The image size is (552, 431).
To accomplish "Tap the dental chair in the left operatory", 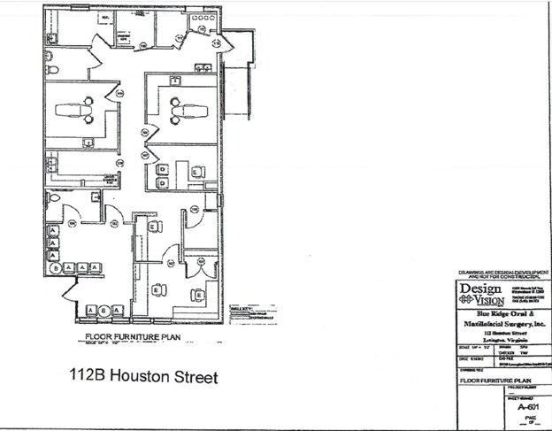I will (79, 111).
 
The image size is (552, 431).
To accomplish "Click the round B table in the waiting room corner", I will (56, 267).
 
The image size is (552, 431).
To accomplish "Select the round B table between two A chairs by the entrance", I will (104, 310).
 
